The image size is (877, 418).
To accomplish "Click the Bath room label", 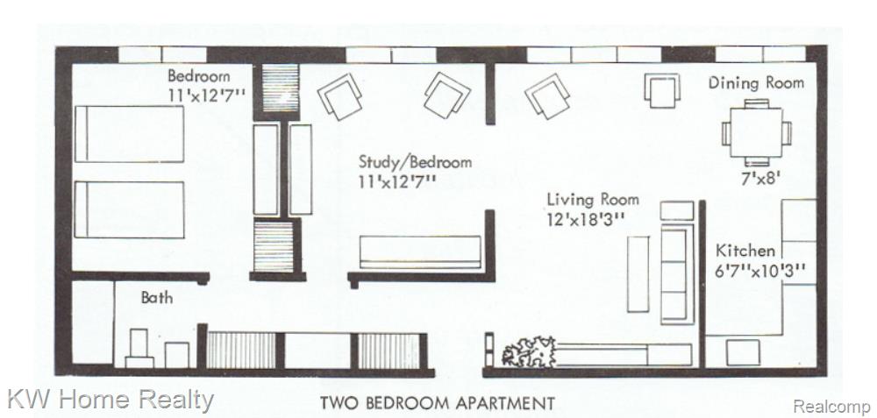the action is point(157,297).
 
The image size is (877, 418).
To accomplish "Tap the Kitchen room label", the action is point(745,251).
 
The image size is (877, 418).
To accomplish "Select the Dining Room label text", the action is point(756,82).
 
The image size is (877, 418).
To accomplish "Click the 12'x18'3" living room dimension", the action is point(585,218).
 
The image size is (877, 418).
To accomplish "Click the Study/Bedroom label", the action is point(415,162).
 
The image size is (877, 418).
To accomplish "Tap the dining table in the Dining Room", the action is point(756,132).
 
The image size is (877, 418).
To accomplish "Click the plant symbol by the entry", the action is point(529,352).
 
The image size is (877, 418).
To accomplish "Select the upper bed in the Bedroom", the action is point(129,133).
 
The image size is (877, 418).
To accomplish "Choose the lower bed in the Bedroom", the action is point(129,209).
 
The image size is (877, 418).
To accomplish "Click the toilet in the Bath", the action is point(139,348).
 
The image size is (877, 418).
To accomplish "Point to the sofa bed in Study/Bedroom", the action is point(420,252).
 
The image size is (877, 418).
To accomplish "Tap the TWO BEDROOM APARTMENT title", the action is point(437,402).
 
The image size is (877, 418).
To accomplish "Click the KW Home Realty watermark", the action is point(111,400).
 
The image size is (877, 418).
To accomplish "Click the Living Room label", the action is point(592,199).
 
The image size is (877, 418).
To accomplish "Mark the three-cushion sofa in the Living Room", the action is point(677,276).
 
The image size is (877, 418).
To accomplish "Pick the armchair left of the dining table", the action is point(662,90).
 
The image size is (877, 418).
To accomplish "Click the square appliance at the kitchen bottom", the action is point(743,352).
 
